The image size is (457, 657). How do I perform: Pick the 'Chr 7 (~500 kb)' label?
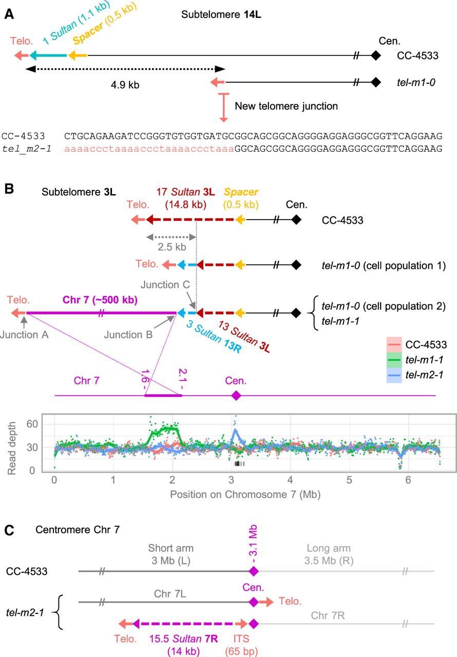[x=100, y=299]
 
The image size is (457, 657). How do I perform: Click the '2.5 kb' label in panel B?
[x=172, y=247]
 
